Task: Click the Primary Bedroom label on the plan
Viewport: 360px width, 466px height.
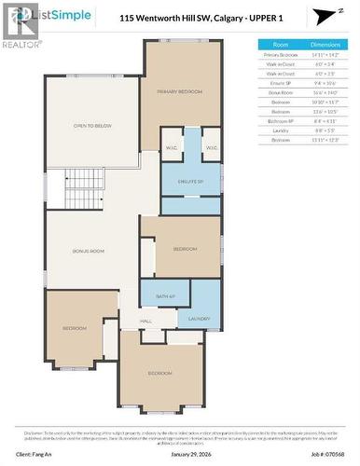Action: (180, 91)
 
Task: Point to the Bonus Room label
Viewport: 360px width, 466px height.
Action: (89, 252)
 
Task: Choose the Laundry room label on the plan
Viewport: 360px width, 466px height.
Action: (199, 318)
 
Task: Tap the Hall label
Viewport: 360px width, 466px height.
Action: (146, 321)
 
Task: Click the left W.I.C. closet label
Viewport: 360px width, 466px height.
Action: (172, 146)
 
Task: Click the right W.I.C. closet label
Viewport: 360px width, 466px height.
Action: (211, 146)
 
